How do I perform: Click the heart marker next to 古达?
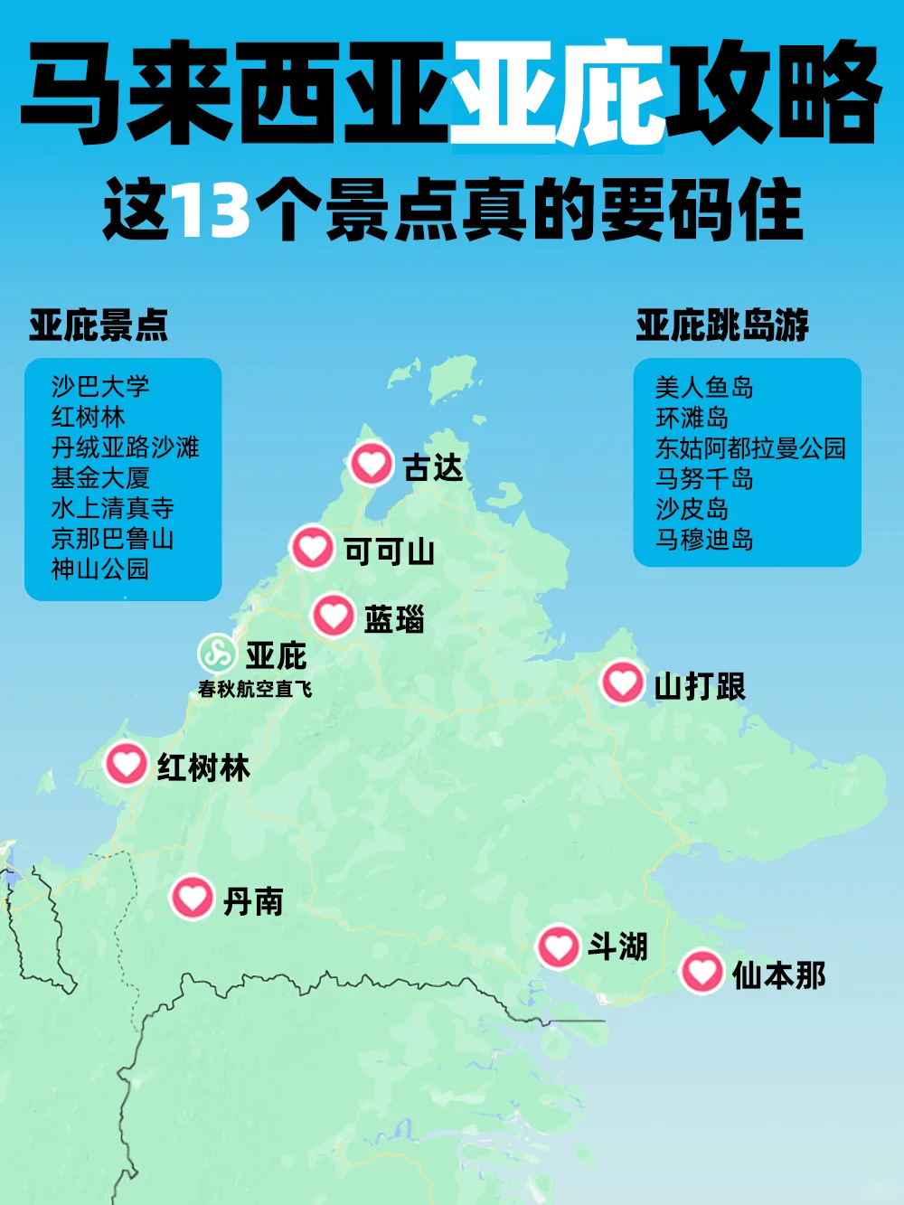tap(371, 465)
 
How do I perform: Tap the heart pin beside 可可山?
tap(312, 548)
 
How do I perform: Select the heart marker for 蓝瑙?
tap(333, 616)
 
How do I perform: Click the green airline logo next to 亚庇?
tap(217, 653)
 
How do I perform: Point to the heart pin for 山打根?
tap(622, 683)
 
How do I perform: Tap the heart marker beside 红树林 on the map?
tap(127, 764)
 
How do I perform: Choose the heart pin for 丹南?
tap(192, 898)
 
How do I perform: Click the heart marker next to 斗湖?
tap(558, 946)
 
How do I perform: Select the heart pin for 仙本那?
tap(702, 972)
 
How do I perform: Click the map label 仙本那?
tap(778, 975)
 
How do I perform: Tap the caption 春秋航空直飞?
tap(255, 689)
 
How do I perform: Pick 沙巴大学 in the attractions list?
tap(100, 387)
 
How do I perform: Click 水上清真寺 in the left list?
tap(112, 508)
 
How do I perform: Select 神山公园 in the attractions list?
tap(100, 570)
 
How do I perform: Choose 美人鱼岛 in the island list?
tap(704, 388)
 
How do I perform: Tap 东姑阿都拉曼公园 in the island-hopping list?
tap(750, 448)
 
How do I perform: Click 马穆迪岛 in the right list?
tap(704, 540)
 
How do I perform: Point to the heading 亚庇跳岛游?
tap(721, 325)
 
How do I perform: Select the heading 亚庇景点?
tap(98, 325)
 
